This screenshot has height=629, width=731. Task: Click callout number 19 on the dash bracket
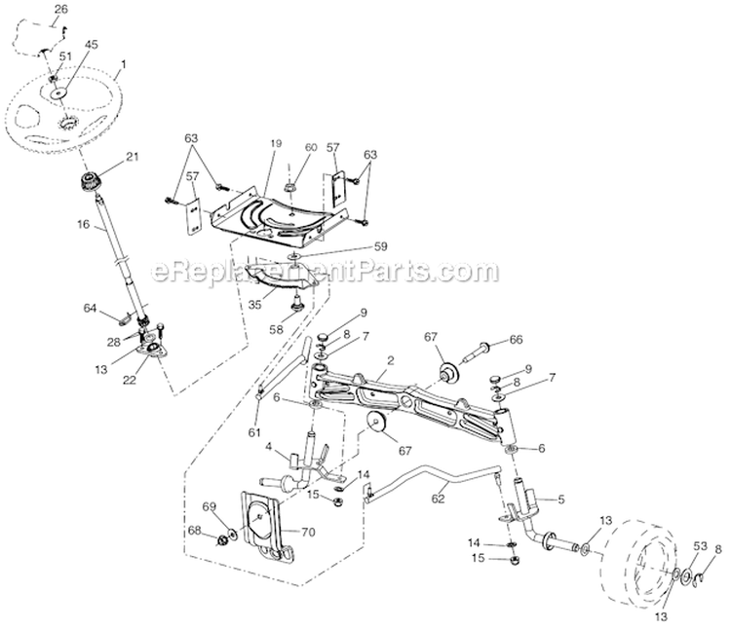tap(276, 144)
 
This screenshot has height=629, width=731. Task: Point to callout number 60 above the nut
tap(311, 147)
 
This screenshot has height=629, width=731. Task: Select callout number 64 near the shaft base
tap(90, 310)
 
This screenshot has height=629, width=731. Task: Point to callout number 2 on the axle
tap(388, 360)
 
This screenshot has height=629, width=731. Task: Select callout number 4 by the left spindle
tap(267, 450)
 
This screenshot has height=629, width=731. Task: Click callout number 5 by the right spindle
tap(560, 500)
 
